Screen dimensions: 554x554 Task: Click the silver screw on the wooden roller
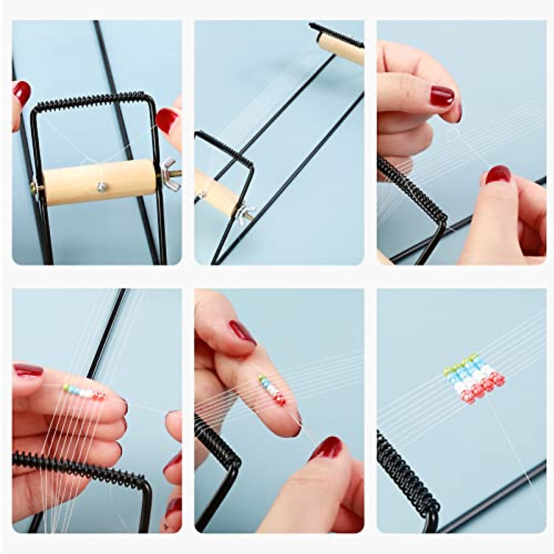[101, 186]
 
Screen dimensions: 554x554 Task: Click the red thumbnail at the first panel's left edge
[22, 93]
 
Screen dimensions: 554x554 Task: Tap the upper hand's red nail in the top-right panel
[442, 96]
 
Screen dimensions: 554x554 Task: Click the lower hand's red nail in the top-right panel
[498, 175]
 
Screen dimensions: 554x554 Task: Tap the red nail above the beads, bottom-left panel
[28, 369]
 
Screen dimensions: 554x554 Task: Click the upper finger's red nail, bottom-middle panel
[243, 332]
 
